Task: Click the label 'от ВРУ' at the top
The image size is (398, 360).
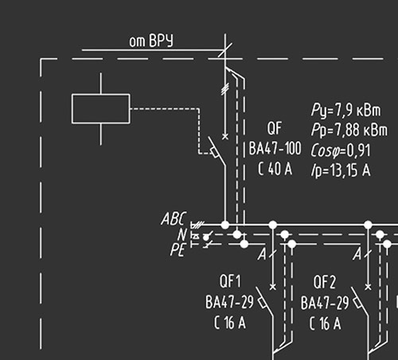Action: tap(151, 41)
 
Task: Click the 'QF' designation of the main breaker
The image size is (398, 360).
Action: tap(275, 128)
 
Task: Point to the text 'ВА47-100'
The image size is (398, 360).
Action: tap(275, 148)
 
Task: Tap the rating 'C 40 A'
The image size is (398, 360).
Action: tap(275, 168)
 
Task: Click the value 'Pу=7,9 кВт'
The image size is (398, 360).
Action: tap(346, 110)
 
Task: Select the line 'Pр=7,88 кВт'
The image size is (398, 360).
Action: tap(349, 130)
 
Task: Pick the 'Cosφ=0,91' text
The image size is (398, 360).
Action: tap(340, 151)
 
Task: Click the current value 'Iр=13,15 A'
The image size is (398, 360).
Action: tap(341, 170)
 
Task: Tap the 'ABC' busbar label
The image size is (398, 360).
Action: tap(174, 219)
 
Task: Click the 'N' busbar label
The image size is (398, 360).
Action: tap(182, 235)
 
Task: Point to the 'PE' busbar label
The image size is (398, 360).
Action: tap(178, 250)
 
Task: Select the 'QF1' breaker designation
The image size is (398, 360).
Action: tap(230, 281)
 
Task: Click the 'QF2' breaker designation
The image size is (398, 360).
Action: tap(324, 282)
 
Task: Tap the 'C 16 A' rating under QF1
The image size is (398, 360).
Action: tap(230, 323)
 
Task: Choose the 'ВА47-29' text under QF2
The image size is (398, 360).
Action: tap(325, 303)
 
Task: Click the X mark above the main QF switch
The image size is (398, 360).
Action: tap(225, 137)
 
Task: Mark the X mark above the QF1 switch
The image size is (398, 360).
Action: tap(272, 287)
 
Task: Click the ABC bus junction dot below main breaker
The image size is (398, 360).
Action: tap(225, 225)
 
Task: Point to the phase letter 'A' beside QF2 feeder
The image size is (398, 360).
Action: tap(357, 254)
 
